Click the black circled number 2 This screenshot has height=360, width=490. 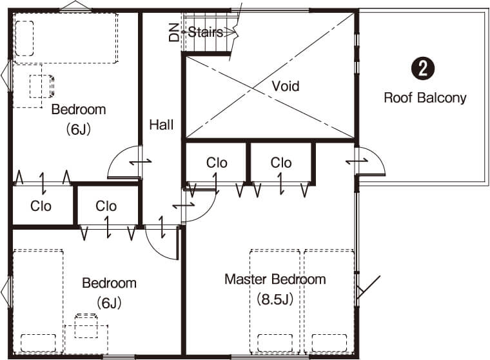pyautogui.click(x=423, y=68)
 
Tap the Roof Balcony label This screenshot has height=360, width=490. pyautogui.click(x=425, y=98)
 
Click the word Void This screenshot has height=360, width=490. pyautogui.click(x=286, y=86)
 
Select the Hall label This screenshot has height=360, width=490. pyautogui.click(x=161, y=125)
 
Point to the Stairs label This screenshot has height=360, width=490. pyautogui.click(x=206, y=32)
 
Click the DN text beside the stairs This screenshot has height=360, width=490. pyautogui.click(x=174, y=32)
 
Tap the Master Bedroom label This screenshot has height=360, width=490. pyautogui.click(x=275, y=279)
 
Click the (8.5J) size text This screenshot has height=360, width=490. pyautogui.click(x=275, y=299)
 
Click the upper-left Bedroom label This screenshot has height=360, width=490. pyautogui.click(x=79, y=110)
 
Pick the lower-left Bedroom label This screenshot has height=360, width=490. pyautogui.click(x=110, y=283)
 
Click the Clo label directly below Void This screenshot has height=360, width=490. pyautogui.click(x=217, y=163)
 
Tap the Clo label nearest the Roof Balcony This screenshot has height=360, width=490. pyautogui.click(x=281, y=163)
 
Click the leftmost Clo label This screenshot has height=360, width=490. pyautogui.click(x=41, y=206)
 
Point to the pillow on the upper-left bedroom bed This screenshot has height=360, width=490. pyautogui.click(x=24, y=39)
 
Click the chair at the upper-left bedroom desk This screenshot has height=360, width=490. pyautogui.click(x=42, y=86)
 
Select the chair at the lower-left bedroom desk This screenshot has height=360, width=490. pyautogui.click(x=86, y=326)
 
